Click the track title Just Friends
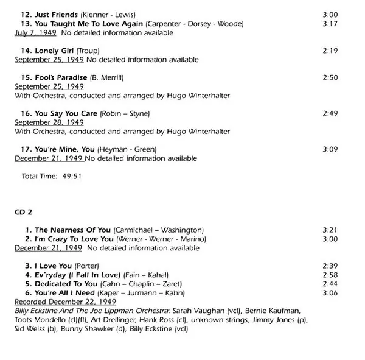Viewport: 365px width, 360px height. [x=58, y=14]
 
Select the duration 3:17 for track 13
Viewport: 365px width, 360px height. [x=329, y=23]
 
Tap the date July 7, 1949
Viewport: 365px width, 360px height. [x=36, y=32]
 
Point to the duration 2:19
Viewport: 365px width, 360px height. [x=329, y=51]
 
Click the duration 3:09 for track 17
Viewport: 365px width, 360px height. [x=329, y=149]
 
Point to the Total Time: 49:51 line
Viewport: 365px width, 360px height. [x=52, y=177]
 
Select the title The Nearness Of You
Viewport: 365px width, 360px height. [x=73, y=230]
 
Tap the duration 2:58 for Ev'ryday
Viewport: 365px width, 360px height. [x=329, y=275]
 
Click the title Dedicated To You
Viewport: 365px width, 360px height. [x=66, y=284]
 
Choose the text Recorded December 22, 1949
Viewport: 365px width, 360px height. [x=65, y=302]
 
